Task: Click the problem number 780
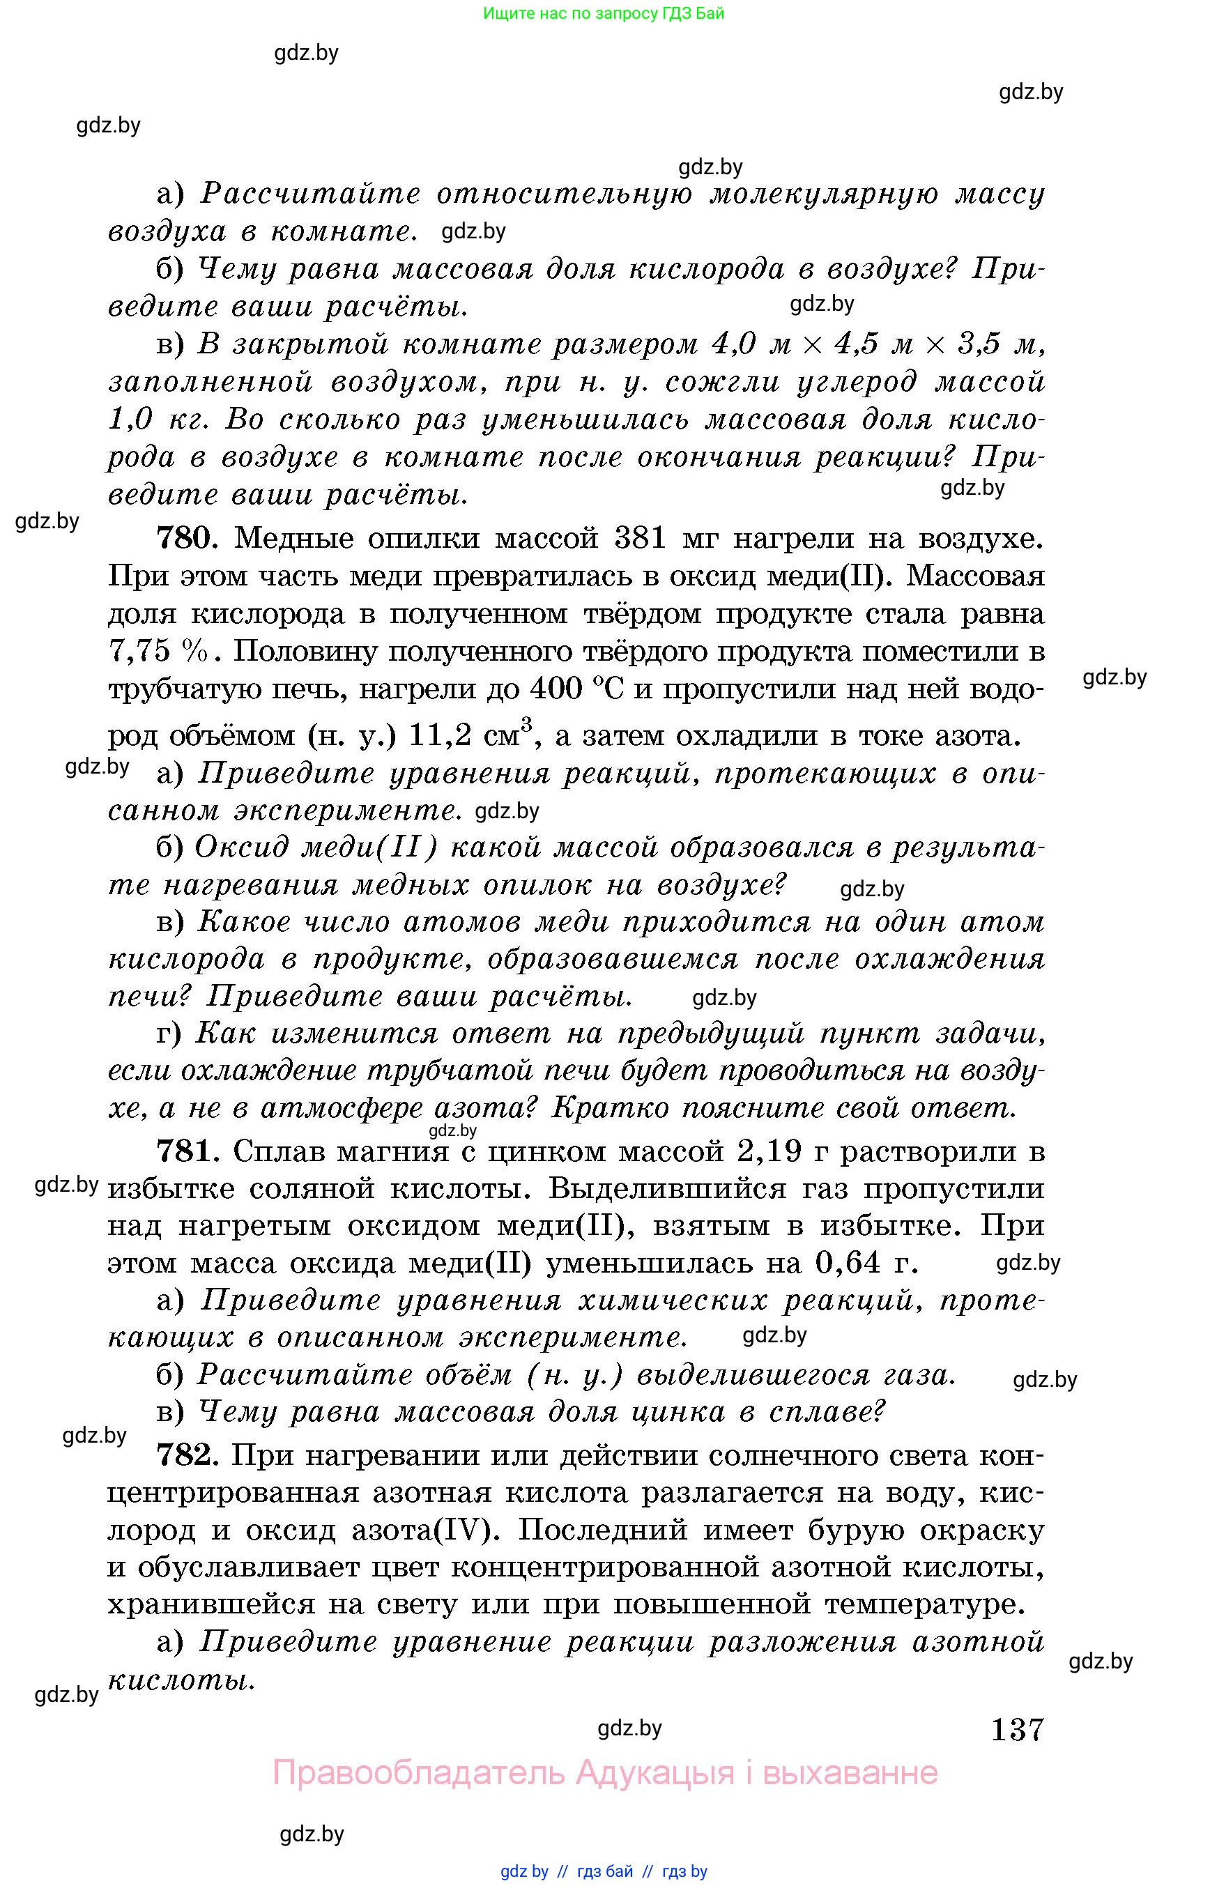pyautogui.click(x=185, y=538)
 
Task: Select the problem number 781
pyautogui.click(x=185, y=1151)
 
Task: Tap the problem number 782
pyautogui.click(x=185, y=1455)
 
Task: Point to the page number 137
pyautogui.click(x=1018, y=1729)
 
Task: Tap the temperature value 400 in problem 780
pyautogui.click(x=556, y=689)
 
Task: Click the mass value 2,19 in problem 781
pyautogui.click(x=770, y=1151)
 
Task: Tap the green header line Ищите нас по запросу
pyautogui.click(x=604, y=13)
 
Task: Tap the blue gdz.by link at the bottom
pyautogui.click(x=524, y=1871)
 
